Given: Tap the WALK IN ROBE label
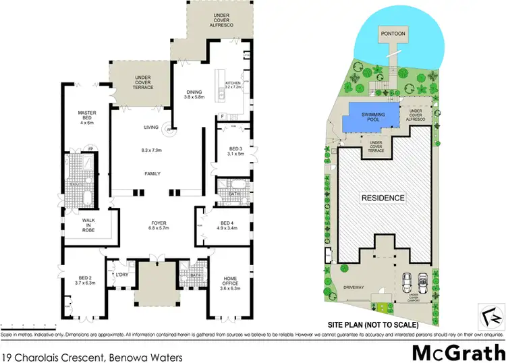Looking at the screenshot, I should tap(88, 225).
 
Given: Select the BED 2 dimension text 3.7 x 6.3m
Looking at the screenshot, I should tap(84, 283).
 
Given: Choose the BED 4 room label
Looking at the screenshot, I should tap(226, 223).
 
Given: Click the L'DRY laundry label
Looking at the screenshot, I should tap(122, 275).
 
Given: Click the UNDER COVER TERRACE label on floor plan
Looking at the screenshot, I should tap(142, 82).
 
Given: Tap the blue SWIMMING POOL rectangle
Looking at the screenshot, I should tap(372, 118).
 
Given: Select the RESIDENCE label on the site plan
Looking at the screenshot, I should tap(382, 198).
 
